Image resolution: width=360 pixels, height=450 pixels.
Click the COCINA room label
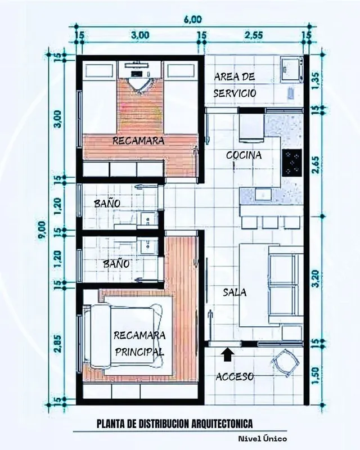point(244,155)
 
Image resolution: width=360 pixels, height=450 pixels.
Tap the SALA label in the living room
point(235,292)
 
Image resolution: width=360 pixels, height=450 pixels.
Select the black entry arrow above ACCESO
point(227,354)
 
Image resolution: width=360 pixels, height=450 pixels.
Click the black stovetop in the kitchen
point(292,163)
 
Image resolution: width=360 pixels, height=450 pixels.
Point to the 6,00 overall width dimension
point(193,19)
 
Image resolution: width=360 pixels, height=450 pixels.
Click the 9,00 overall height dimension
point(42,229)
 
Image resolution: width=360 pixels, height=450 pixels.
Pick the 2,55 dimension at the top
point(254,35)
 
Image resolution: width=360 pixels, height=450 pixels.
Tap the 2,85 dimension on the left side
point(58,343)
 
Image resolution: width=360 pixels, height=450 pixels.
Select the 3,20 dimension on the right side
point(316,278)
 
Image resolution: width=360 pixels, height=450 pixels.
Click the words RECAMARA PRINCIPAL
point(139,343)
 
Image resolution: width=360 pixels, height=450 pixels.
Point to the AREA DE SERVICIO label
point(235,85)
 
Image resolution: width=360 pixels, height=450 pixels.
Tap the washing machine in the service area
point(292,69)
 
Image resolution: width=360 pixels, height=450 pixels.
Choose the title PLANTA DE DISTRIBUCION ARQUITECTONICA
point(175,424)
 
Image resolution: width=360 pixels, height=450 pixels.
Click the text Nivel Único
point(262,439)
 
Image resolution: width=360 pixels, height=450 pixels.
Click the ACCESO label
point(235,376)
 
